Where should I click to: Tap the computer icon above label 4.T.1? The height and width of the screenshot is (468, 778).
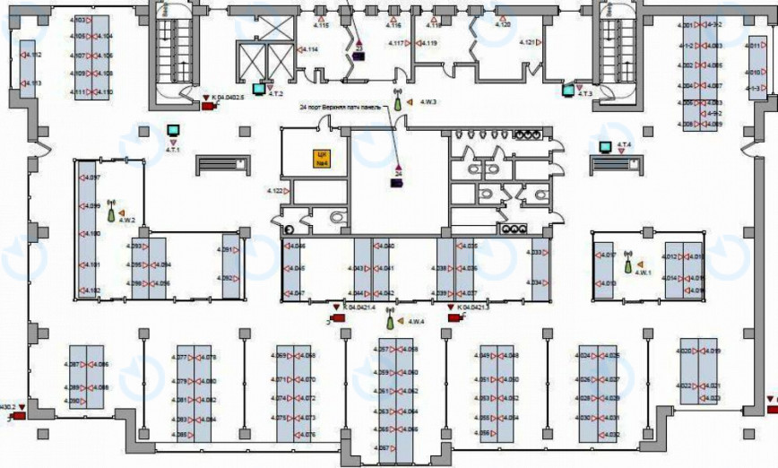[173, 131]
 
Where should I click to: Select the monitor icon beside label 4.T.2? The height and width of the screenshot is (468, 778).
[260, 88]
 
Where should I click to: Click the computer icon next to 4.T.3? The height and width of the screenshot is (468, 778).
[567, 89]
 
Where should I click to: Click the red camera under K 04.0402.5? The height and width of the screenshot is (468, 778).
[208, 106]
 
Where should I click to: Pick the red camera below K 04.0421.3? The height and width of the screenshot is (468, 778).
[453, 317]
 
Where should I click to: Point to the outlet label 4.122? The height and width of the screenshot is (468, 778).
[275, 191]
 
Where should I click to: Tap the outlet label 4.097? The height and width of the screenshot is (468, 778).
[91, 178]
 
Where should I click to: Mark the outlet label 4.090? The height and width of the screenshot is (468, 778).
[74, 401]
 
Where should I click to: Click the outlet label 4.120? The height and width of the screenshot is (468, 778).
[502, 25]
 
